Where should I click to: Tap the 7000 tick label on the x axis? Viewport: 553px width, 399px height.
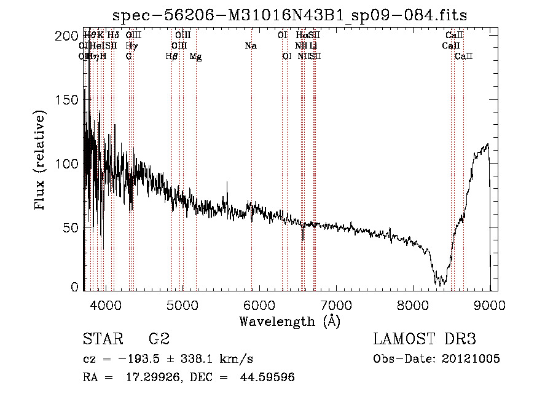point(336,303)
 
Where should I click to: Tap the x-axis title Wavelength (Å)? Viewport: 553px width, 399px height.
point(289,321)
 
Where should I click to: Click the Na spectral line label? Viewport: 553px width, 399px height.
point(251,46)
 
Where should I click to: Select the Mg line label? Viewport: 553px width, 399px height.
point(195,57)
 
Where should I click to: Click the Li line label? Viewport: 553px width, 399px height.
point(313,46)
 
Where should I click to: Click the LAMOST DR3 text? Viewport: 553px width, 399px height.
point(424,339)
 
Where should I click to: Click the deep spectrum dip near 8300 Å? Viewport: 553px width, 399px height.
point(440,282)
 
